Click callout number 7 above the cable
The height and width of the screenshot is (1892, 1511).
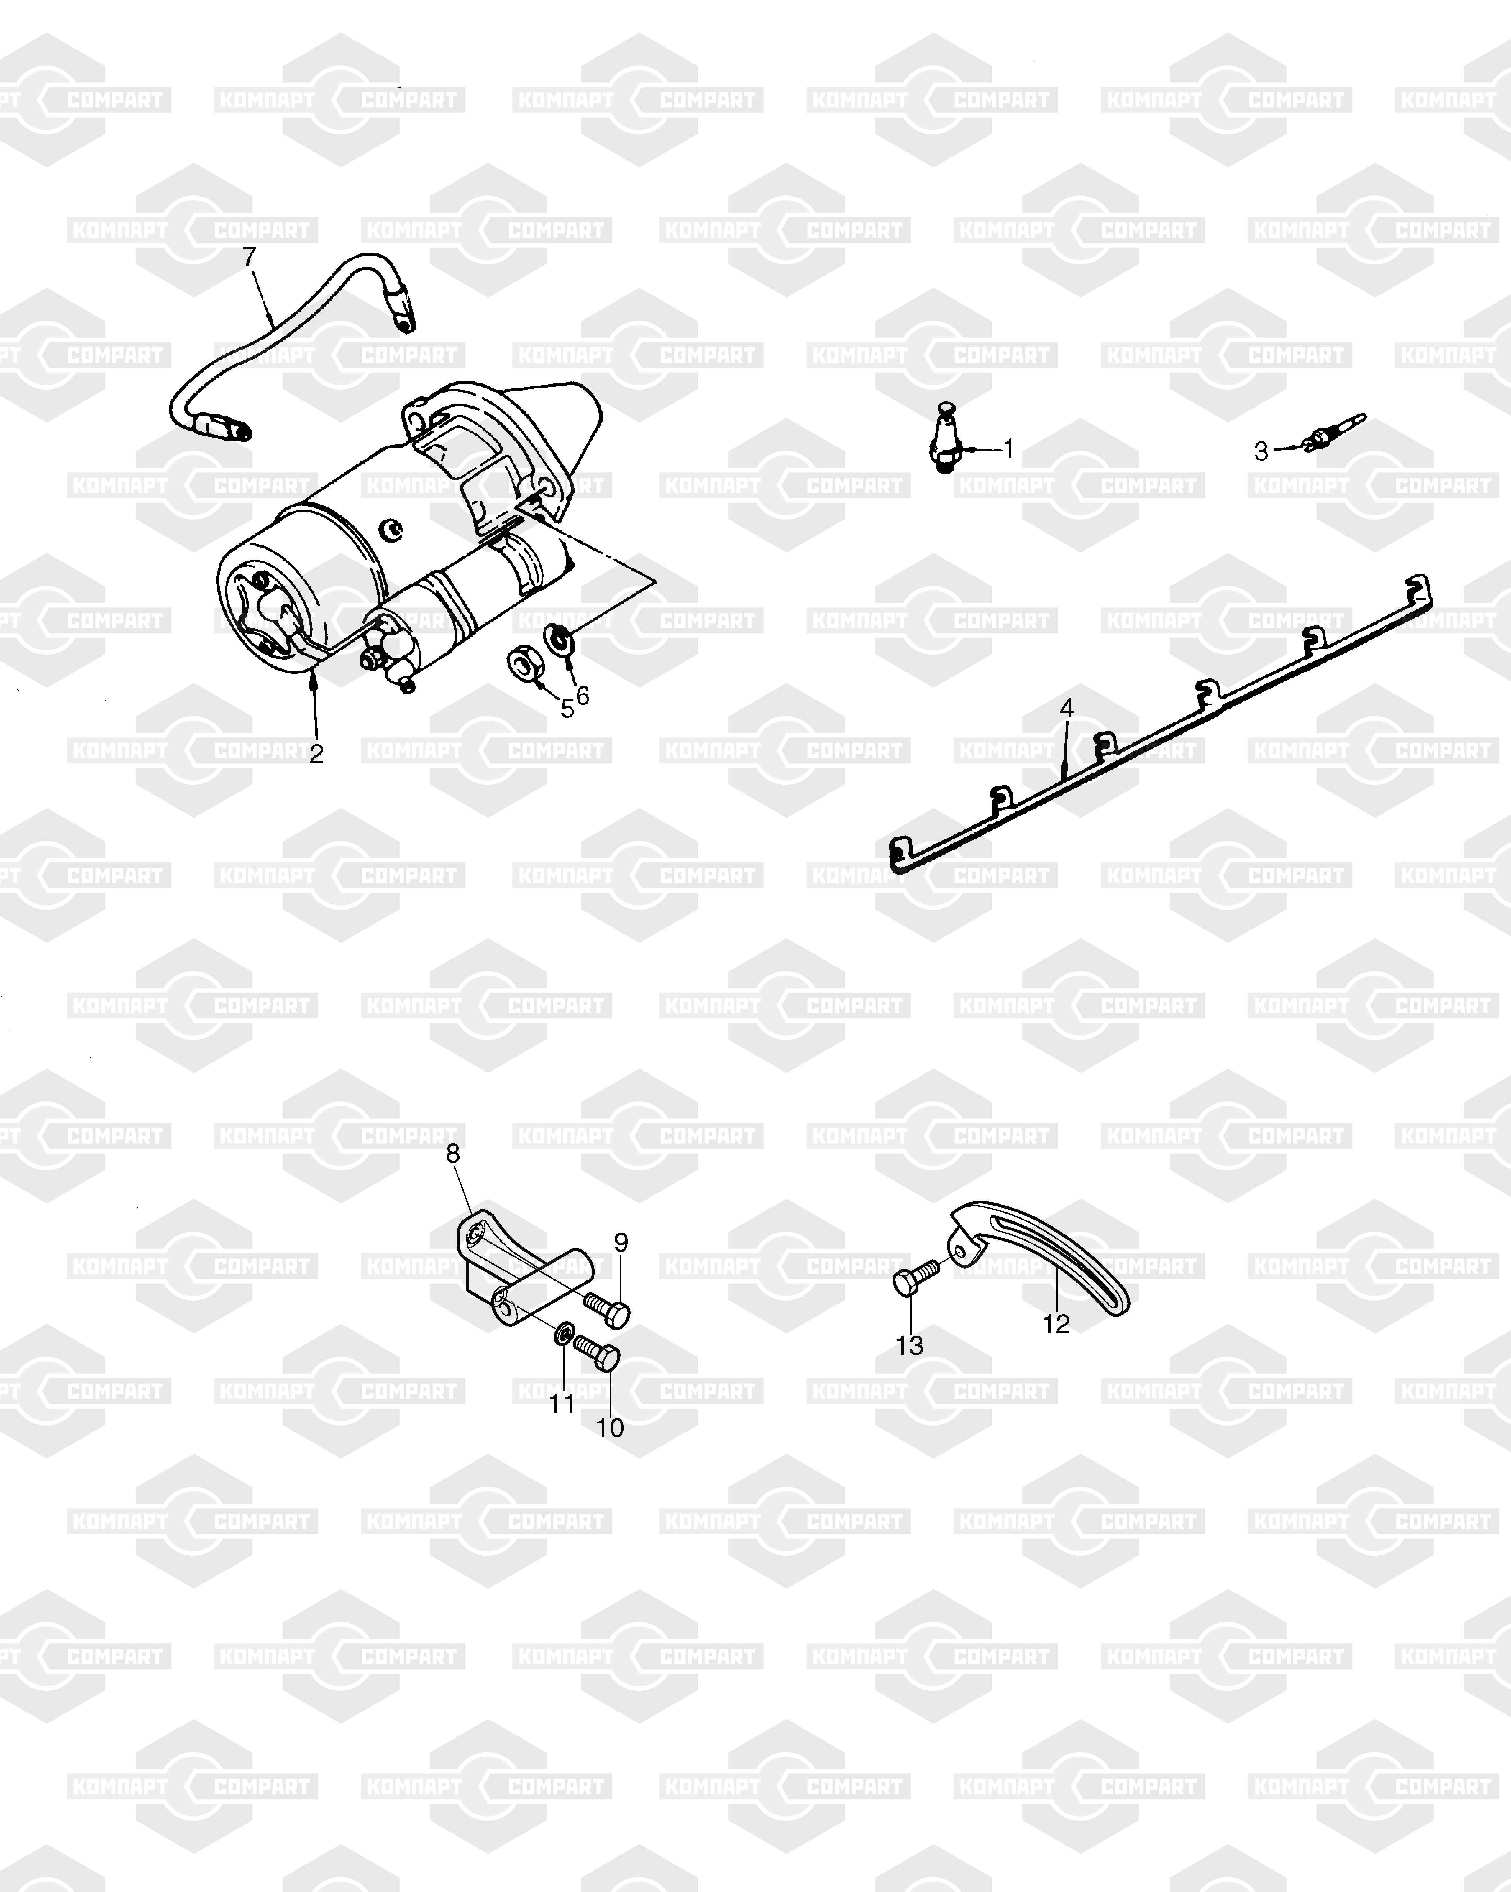coord(250,257)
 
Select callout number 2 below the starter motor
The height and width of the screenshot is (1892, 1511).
coord(316,753)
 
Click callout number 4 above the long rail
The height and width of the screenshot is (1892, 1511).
coord(1067,707)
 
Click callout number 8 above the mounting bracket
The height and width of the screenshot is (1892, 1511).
coord(453,1153)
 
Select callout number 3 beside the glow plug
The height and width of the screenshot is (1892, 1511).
coord(1261,452)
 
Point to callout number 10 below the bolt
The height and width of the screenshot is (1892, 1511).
coord(610,1428)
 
